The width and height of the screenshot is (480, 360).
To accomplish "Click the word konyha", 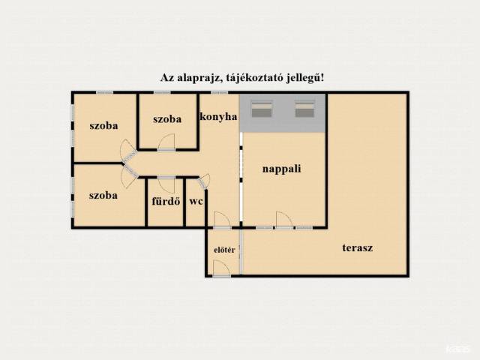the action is (x=218, y=117).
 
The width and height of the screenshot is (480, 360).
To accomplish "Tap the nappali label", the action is (x=282, y=169).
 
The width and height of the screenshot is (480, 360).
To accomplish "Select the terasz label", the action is (x=358, y=247).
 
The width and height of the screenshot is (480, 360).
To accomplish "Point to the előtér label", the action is (x=224, y=250).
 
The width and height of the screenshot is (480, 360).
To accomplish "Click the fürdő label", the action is (x=166, y=201).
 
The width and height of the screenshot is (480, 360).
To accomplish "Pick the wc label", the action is (x=196, y=202).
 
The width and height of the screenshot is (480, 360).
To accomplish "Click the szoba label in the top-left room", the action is (x=103, y=125).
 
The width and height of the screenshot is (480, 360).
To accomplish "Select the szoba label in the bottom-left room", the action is (x=103, y=195).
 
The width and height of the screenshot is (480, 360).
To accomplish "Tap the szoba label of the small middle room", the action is (x=167, y=118).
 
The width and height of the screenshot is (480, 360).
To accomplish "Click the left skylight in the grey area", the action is (x=262, y=109).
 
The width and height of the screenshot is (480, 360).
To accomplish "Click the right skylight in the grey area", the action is (x=305, y=109).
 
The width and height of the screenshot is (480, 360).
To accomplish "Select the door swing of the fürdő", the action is (x=166, y=184).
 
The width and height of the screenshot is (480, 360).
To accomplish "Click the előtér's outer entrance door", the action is (x=222, y=268).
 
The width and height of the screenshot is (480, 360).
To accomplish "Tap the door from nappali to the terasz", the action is (x=284, y=220).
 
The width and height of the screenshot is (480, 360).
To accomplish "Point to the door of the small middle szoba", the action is (x=166, y=142).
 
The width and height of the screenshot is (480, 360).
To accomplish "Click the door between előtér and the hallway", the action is (x=222, y=220).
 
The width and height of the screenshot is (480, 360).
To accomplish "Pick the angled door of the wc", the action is (x=205, y=181).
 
